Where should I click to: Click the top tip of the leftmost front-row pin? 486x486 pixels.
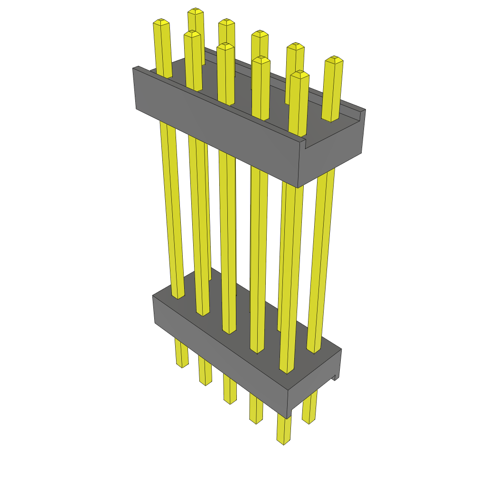161,22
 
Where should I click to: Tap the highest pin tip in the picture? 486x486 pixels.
195,11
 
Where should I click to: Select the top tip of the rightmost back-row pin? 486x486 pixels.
334,59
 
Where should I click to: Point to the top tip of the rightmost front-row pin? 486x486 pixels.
299,74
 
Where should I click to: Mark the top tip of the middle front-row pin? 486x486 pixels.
225,46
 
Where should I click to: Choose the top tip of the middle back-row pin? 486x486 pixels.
260,33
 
